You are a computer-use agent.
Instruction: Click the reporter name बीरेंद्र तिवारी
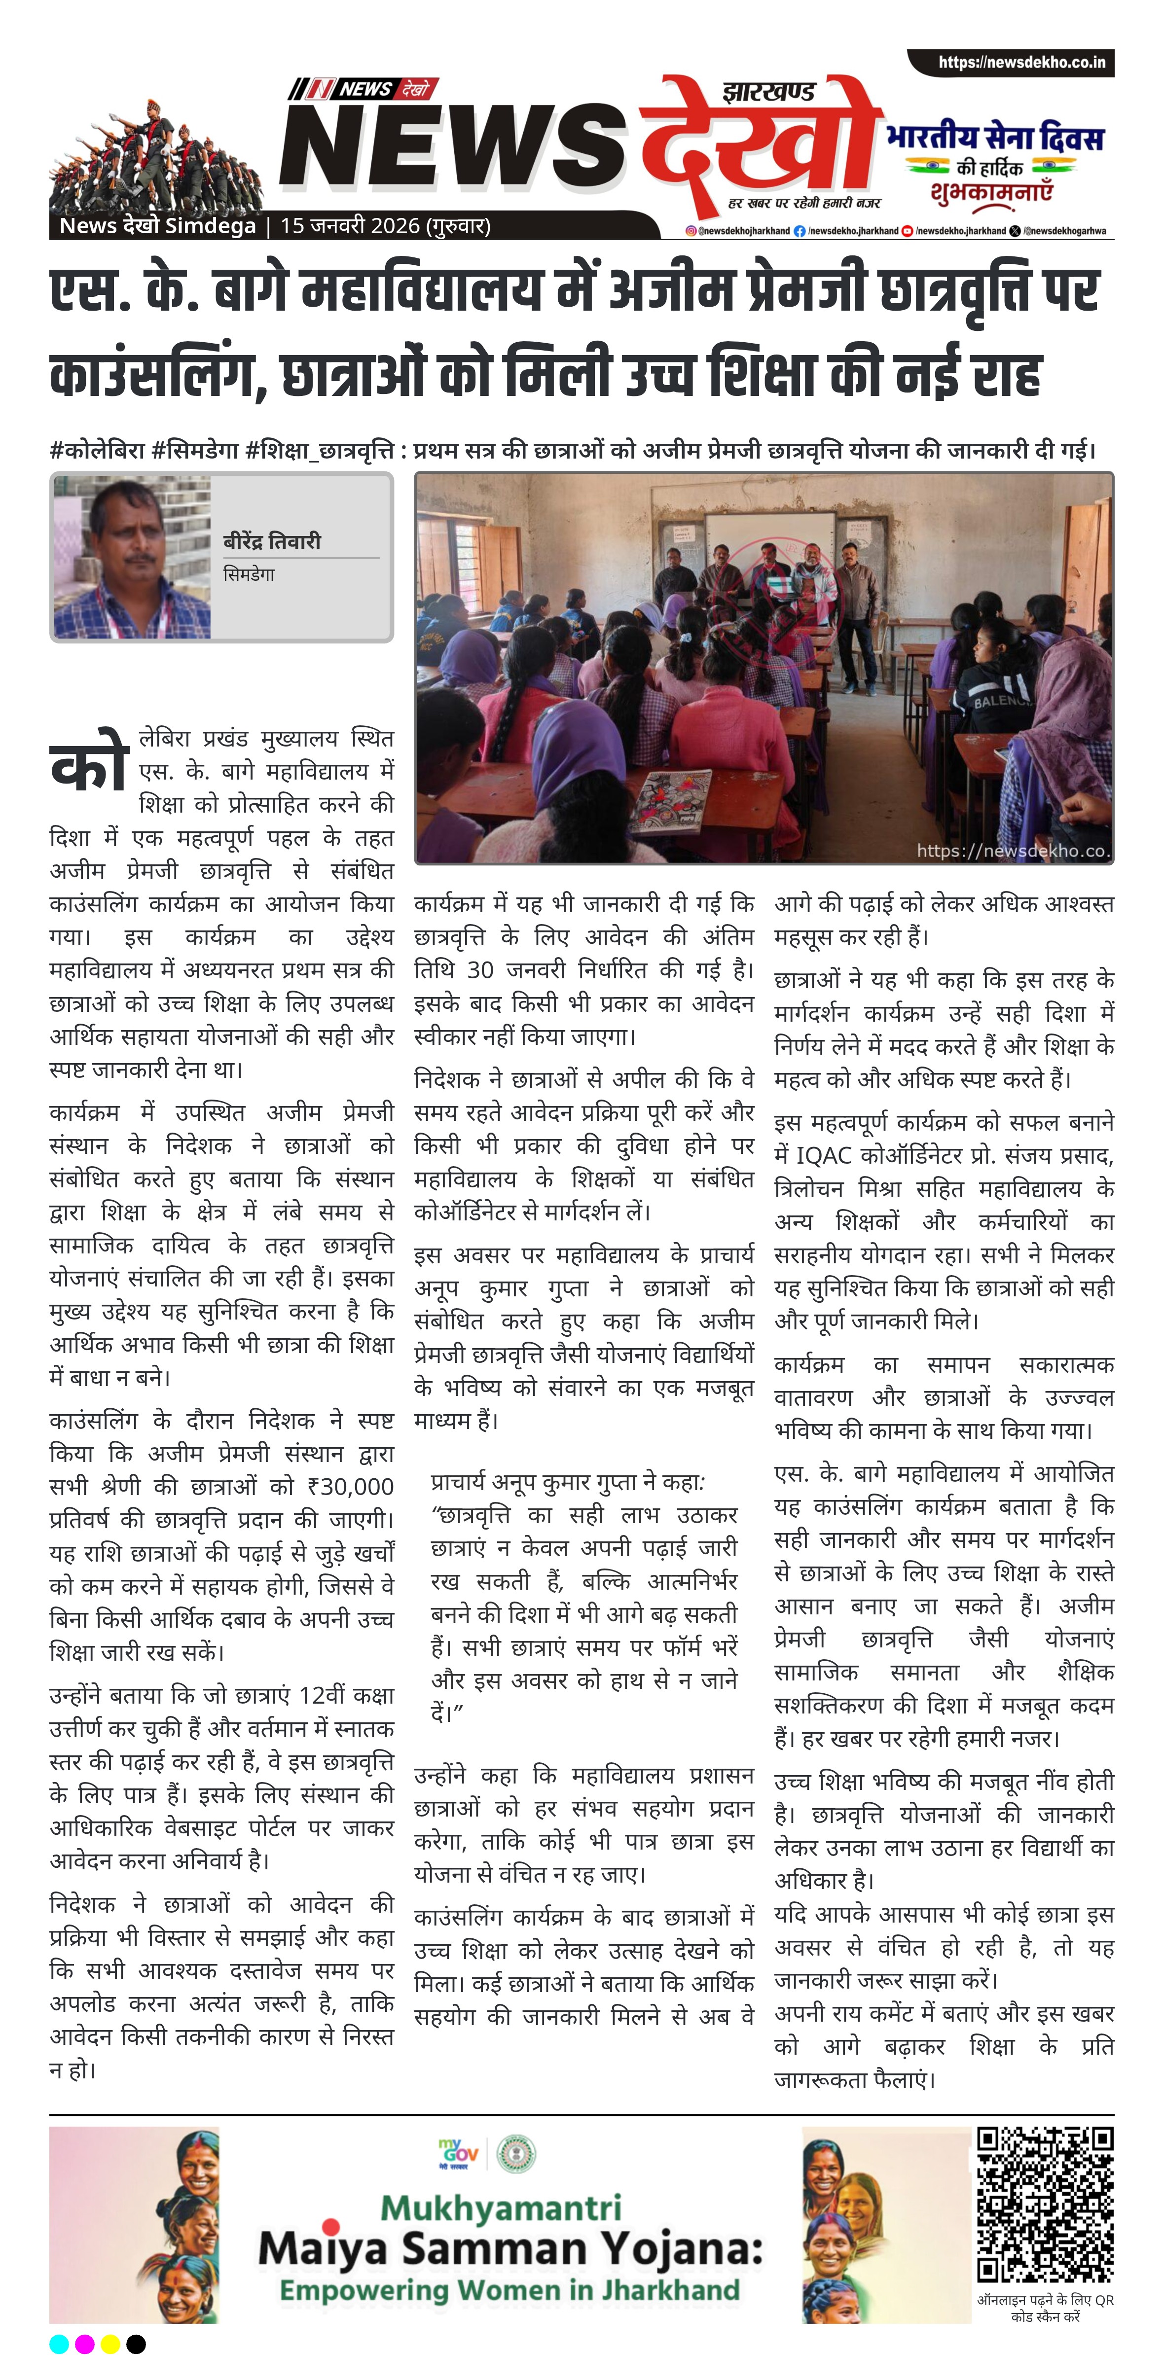point(272,541)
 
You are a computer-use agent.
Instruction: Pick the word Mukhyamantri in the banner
point(501,2207)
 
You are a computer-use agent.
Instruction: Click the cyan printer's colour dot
point(60,2343)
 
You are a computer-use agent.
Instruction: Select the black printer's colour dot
point(135,2343)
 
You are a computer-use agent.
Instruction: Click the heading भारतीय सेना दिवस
point(995,138)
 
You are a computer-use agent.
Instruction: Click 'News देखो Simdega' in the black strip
point(157,226)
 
